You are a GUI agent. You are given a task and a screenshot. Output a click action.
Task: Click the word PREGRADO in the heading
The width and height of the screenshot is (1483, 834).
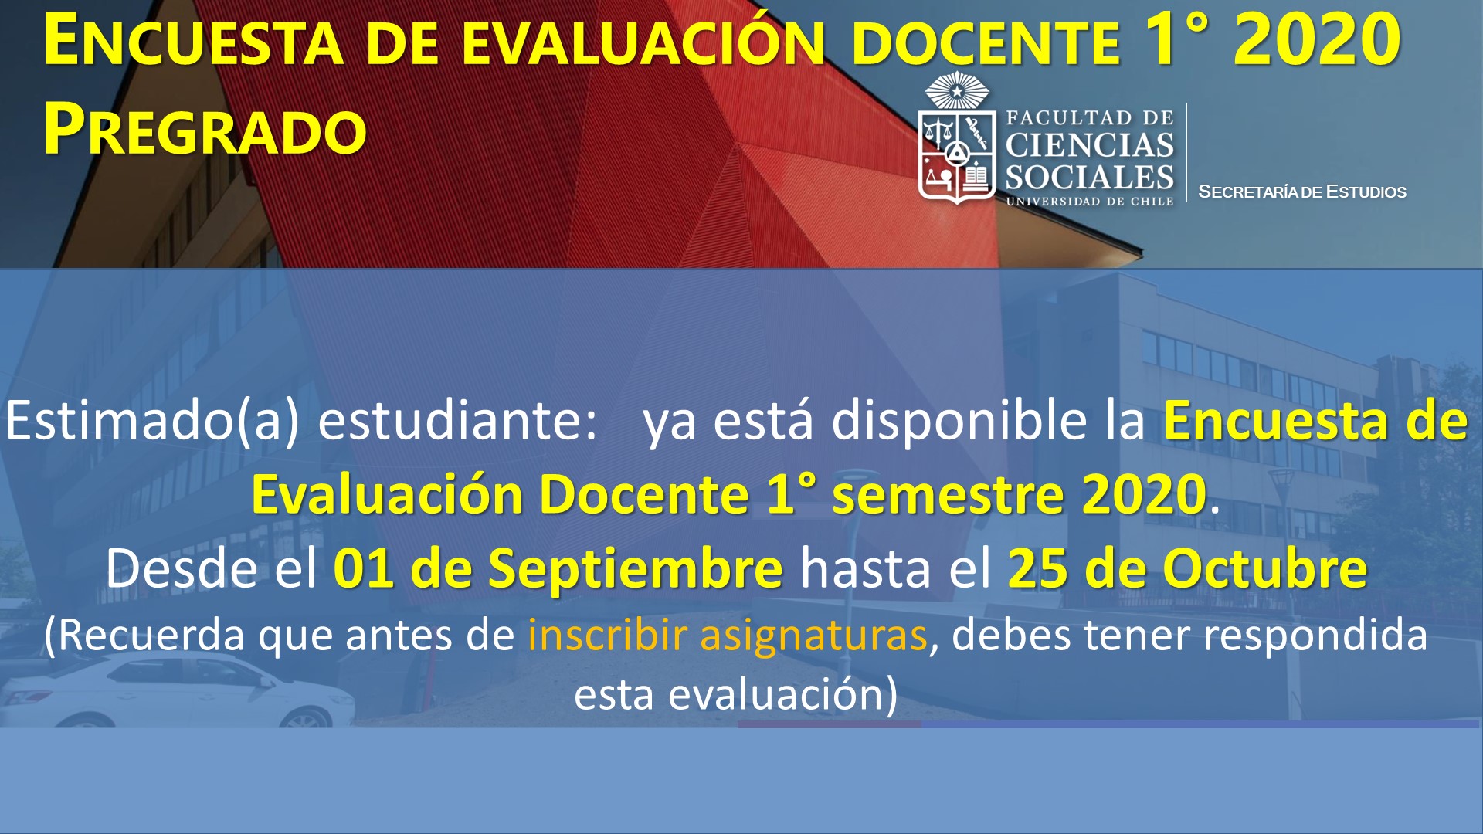[205, 129]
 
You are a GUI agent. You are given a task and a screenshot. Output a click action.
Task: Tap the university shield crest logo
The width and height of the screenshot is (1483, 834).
[956, 139]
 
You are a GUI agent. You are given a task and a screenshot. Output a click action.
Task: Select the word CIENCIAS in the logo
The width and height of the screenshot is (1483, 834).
[1089, 144]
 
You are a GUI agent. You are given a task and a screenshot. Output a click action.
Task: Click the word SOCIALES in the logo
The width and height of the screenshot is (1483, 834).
[1089, 178]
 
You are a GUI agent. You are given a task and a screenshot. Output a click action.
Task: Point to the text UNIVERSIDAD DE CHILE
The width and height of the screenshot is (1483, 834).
[1089, 202]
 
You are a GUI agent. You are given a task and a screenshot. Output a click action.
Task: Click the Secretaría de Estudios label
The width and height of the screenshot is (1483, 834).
[1302, 192]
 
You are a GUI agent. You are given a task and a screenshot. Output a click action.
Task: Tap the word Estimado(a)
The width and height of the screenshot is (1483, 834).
[152, 422]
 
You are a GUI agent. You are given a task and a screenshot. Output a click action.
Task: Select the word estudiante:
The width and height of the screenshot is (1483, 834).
[458, 421]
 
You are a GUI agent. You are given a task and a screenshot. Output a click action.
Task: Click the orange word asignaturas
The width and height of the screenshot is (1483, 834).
[813, 636]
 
